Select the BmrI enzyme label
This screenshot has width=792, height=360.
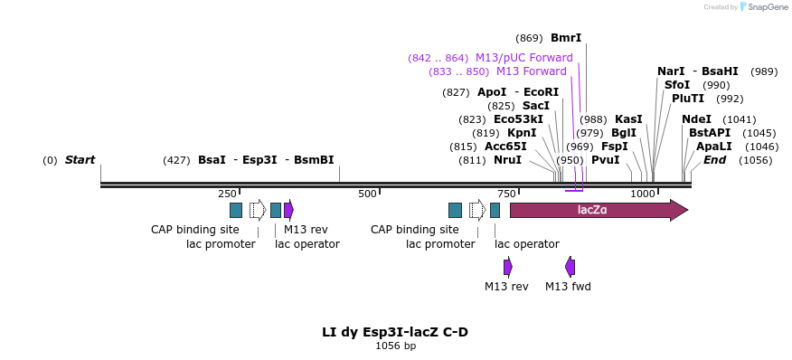click(566, 38)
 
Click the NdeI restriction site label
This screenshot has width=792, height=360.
click(696, 119)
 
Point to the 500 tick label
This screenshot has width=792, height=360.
click(366, 194)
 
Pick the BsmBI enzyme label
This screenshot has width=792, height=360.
click(314, 160)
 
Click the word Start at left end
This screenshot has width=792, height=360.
click(80, 160)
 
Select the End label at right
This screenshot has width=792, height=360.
click(714, 160)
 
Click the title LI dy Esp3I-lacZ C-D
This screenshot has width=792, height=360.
click(395, 332)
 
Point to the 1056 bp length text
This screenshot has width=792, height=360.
click(395, 346)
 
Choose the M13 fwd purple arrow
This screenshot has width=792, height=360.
click(570, 266)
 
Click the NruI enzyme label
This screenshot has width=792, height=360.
click(507, 160)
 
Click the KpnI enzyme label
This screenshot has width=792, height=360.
click(522, 133)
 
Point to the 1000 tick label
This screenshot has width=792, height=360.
click(643, 194)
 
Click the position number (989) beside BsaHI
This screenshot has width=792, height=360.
click(764, 71)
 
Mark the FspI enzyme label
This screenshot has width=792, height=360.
click(615, 147)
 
